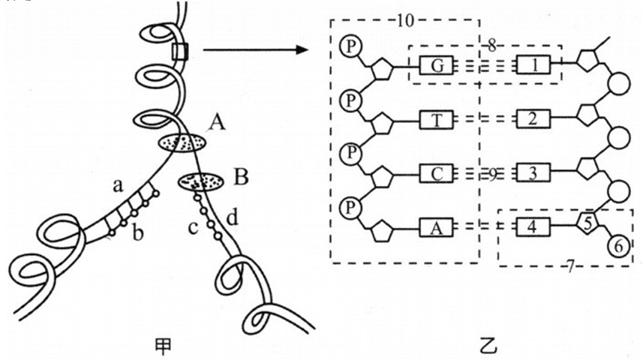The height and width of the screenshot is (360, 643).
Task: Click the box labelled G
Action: (436, 66)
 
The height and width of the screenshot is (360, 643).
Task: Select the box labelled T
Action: (436, 119)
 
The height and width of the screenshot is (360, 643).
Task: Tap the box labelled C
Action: (436, 173)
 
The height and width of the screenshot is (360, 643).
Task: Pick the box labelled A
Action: (436, 226)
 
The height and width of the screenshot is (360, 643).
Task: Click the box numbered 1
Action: (534, 66)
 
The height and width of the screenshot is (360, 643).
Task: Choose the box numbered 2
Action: (534, 119)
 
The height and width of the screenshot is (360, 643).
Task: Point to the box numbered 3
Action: (534, 173)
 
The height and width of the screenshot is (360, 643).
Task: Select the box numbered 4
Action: (534, 226)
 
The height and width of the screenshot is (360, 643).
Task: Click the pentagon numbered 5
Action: (590, 222)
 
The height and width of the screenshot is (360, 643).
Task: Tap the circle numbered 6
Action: (619, 245)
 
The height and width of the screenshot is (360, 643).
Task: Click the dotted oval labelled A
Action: (180, 142)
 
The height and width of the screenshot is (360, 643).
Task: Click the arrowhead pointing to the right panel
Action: (305, 50)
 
